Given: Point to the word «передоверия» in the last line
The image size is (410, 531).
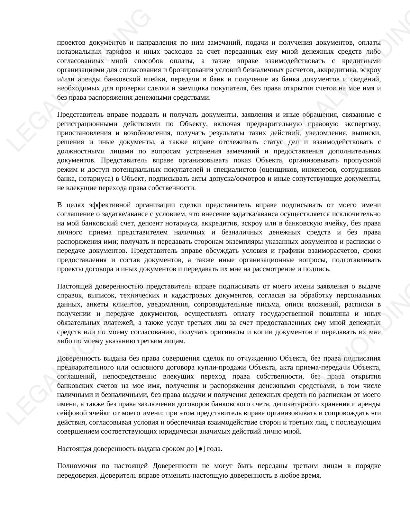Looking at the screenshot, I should [77, 475].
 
